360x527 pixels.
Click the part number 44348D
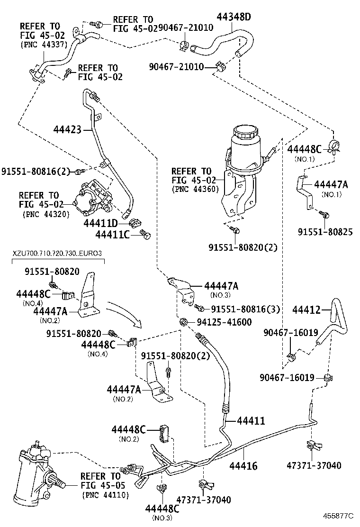234,18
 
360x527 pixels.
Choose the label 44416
243,466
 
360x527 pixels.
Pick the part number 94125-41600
224,323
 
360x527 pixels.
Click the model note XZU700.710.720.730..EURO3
57,254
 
